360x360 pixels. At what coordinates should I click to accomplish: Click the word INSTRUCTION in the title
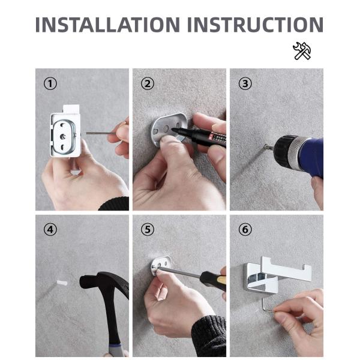click(x=255, y=25)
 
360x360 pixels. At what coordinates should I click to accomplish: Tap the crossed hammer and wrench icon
click(x=301, y=51)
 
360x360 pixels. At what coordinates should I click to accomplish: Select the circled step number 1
click(x=50, y=83)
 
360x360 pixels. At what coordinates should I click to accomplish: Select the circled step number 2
click(x=148, y=83)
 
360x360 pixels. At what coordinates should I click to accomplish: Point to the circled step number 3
click(x=245, y=83)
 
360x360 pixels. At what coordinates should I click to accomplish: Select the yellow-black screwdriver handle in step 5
click(x=213, y=279)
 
